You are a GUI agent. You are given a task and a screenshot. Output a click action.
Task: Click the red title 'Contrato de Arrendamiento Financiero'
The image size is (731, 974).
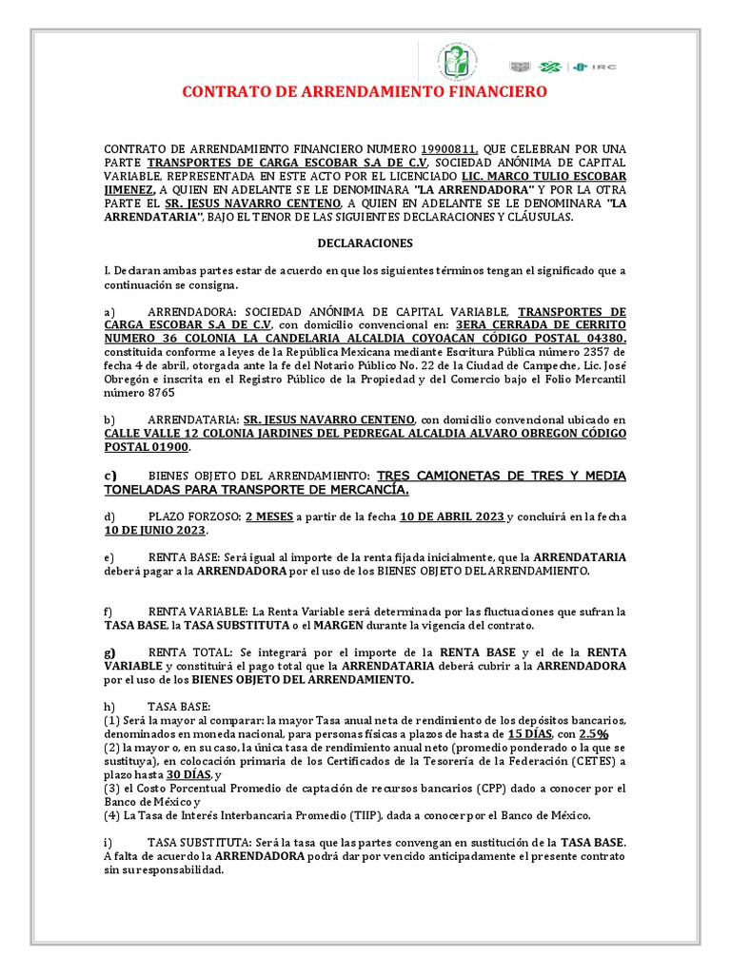tap(365, 92)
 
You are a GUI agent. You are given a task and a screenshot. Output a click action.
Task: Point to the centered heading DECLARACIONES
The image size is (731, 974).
tap(365, 243)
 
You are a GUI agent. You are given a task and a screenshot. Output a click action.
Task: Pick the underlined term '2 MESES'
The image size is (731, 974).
tap(268, 516)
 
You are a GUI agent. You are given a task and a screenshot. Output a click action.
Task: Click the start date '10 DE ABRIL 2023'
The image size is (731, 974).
tap(451, 516)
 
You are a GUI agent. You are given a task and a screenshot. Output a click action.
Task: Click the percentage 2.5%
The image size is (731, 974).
tap(595, 734)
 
